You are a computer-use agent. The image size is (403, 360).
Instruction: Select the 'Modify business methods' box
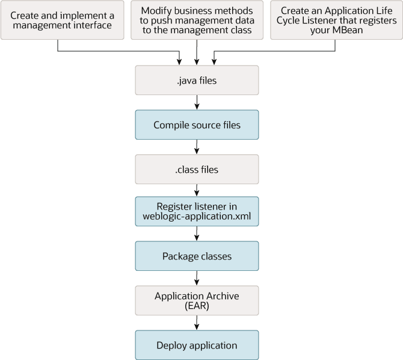pyautogui.click(x=197, y=20)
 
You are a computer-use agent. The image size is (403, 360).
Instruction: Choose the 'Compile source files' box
pyautogui.click(x=197, y=125)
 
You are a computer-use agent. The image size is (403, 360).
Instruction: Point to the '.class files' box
pyautogui.click(x=197, y=170)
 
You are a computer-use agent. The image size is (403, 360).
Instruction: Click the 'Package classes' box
pyautogui.click(x=197, y=256)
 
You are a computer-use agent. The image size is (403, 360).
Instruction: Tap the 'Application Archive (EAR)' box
pyautogui.click(x=197, y=301)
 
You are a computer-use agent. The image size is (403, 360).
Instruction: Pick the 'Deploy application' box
pyautogui.click(x=197, y=346)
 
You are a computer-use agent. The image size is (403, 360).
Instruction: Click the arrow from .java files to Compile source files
pyautogui.click(x=197, y=103)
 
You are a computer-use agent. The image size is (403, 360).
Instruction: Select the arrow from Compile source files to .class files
pyautogui.click(x=197, y=147)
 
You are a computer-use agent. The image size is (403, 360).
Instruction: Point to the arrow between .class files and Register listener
pyautogui.click(x=197, y=191)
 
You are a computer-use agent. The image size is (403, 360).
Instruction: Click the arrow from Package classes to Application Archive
pyautogui.click(x=197, y=279)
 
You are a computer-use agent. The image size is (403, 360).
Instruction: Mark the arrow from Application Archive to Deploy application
pyautogui.click(x=197, y=323)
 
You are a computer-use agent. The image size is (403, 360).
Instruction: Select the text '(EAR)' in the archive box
pyautogui.click(x=197, y=306)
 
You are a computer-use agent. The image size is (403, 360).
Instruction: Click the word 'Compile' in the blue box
pyautogui.click(x=170, y=125)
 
